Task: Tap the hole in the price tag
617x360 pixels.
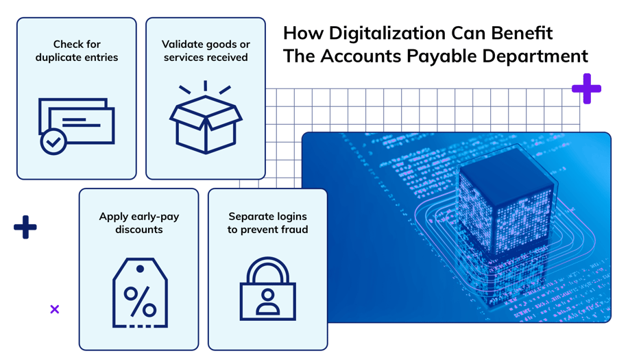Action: tap(140, 268)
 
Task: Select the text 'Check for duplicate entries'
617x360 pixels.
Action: tap(76, 51)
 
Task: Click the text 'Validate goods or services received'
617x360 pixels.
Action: tap(205, 51)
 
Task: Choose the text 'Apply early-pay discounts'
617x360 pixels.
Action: tap(139, 223)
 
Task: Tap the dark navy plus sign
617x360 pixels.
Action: tap(25, 227)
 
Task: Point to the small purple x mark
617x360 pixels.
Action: tap(55, 309)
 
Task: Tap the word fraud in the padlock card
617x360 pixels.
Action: tap(293, 230)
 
